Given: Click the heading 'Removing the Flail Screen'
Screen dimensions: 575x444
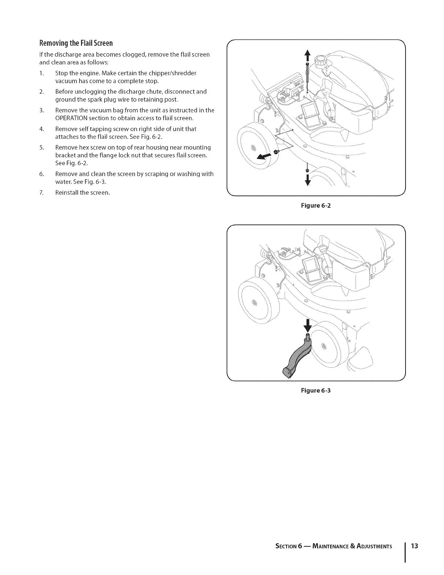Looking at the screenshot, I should (76, 43).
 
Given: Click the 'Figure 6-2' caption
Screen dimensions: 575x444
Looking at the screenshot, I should (316, 205).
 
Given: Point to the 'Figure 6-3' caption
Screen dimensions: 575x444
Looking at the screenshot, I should (316, 391).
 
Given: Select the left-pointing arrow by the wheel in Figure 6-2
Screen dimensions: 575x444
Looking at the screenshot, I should (264, 156).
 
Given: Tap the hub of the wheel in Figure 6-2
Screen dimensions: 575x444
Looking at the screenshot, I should (253, 147).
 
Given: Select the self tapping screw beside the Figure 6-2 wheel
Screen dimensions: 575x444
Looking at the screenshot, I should (276, 152).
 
